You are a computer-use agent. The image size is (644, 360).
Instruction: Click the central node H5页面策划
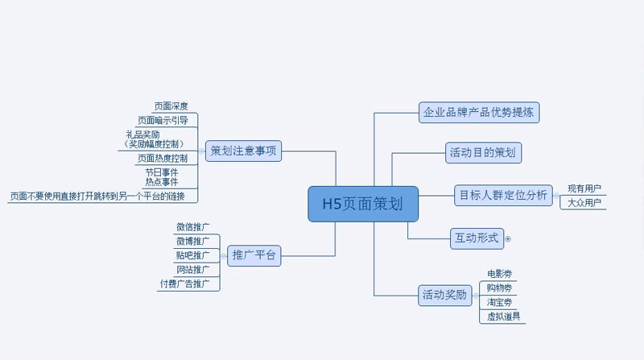tap(363, 204)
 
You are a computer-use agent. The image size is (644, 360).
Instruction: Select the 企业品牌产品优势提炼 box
tap(478, 112)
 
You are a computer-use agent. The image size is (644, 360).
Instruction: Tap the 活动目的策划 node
tap(484, 152)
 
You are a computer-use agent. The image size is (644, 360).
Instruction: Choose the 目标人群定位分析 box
tap(503, 195)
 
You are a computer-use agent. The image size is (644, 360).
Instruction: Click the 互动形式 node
tap(477, 238)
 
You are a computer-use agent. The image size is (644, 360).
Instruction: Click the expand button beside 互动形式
tap(508, 238)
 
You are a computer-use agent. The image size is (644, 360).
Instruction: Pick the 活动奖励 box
tap(444, 295)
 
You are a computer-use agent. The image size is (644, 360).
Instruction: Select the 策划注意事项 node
tap(243, 151)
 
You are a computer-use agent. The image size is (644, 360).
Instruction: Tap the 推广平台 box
tap(254, 256)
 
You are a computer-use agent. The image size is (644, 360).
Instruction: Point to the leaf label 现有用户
tap(584, 188)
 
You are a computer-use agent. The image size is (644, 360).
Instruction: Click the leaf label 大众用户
tap(584, 202)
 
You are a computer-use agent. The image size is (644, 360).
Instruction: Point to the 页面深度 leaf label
tap(171, 106)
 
